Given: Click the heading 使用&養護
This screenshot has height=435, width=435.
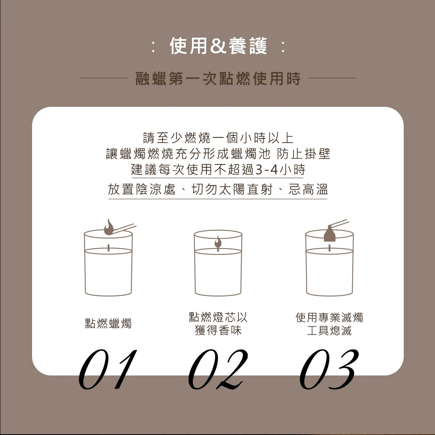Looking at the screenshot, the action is pos(218,46).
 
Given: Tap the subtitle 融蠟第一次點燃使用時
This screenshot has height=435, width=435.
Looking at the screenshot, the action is pos(218,78).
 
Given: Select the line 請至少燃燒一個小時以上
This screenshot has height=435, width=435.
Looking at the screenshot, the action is pos(218,138).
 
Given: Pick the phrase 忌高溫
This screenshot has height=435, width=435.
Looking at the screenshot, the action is pos(308,190).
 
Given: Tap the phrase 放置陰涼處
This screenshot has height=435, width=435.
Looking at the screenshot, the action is pos(142,190).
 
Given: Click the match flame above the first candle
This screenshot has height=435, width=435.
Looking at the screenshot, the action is pos(109,227).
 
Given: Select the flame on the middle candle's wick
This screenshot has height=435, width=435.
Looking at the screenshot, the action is pos(218,242).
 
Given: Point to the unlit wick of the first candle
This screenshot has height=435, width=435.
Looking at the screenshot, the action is pos(108,248).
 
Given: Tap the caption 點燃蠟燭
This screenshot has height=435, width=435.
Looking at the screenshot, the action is pos(108,324).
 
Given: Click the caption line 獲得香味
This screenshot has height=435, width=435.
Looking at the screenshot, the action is pos(218,330).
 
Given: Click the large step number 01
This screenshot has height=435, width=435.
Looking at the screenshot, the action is pos(108,369).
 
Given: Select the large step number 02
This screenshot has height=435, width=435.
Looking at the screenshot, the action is pos(218,369).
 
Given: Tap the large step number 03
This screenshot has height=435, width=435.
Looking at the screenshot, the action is pos(329,369).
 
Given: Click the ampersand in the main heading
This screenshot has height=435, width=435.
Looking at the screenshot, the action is pos(218,46).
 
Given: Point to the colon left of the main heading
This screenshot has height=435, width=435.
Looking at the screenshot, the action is pos(153,47).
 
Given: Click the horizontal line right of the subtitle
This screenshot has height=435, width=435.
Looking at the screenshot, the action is pos(332,78).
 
